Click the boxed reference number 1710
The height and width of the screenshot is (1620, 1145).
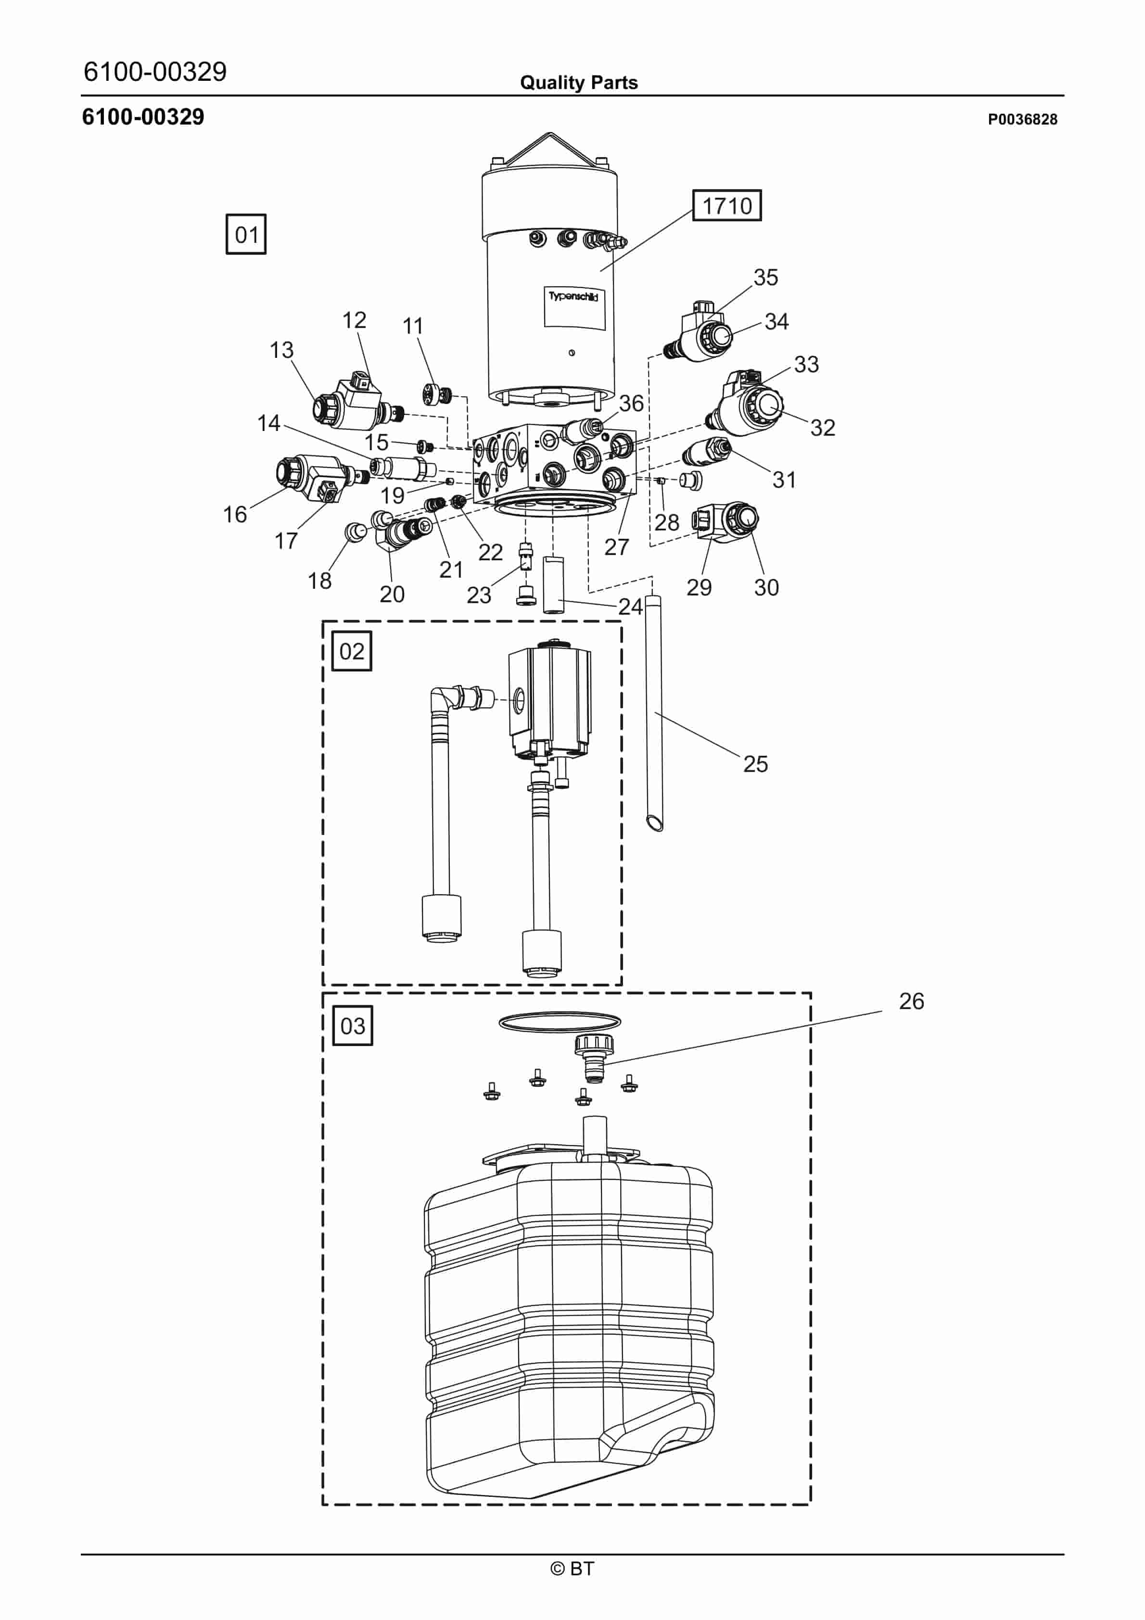point(726,205)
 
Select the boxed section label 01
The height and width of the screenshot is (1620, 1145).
point(246,234)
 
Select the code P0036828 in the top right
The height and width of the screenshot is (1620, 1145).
point(1022,119)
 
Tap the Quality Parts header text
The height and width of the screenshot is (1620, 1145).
point(579,83)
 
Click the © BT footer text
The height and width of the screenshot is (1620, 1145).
point(572,1569)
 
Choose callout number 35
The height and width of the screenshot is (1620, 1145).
point(766,277)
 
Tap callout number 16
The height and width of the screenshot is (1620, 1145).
point(235,514)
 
